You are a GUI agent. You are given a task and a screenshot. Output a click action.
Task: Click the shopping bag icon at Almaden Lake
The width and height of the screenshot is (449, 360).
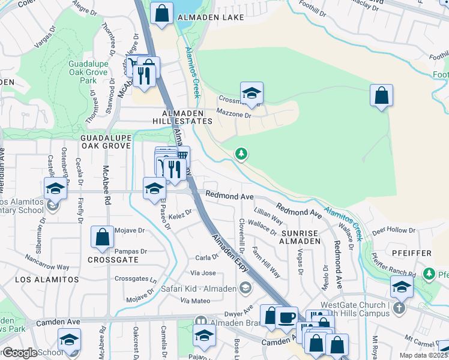(162, 13)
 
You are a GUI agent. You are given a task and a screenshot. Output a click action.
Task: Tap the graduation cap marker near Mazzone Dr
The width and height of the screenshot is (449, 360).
(252, 94)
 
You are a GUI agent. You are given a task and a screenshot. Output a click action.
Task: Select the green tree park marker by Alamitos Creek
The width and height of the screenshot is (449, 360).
(241, 155)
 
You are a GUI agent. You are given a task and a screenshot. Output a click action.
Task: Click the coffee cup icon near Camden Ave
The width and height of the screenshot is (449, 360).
(286, 316)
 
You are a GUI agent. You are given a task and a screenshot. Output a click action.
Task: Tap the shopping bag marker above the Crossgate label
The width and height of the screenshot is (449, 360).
(102, 236)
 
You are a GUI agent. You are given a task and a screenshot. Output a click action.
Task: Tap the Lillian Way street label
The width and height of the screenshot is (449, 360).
(268, 216)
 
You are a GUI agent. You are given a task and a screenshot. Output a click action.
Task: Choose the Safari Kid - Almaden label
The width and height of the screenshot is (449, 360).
(198, 289)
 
